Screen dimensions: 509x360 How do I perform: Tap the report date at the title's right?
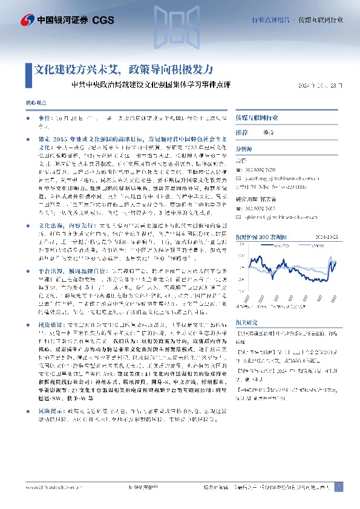coord(322,86)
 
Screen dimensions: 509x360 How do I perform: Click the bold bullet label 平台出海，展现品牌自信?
coord(67,271)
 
